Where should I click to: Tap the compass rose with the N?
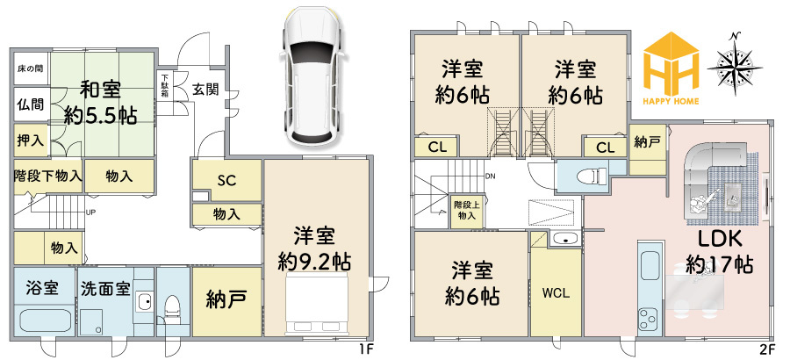[x=735, y=63]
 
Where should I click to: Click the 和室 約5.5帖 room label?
[x=100, y=104]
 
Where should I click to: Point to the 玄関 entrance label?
[x=205, y=90]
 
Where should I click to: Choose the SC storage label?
[x=226, y=181]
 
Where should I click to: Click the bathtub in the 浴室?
[x=46, y=320]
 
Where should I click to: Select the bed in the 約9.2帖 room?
[x=318, y=305]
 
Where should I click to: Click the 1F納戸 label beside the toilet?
[x=226, y=301]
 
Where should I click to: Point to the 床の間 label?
[x=31, y=68]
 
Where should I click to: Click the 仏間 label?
[x=30, y=104]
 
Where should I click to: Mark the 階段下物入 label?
[x=47, y=176]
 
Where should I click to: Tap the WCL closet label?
[x=556, y=293]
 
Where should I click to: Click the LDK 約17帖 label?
[x=720, y=253]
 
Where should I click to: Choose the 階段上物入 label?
[x=467, y=211]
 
